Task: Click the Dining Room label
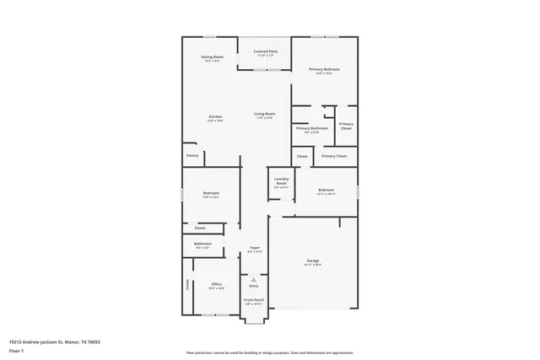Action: [x=211, y=56]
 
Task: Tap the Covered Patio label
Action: [x=255, y=51]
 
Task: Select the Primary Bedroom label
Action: [x=325, y=69]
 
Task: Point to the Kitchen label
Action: [x=215, y=116]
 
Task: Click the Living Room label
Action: [x=265, y=114]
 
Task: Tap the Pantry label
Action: [x=192, y=155]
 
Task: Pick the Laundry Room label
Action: [x=282, y=180]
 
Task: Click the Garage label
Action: [x=313, y=261]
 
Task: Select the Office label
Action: [x=216, y=284]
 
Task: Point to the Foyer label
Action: [x=254, y=248]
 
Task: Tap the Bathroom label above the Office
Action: [x=203, y=244]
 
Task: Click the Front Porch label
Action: [x=254, y=300]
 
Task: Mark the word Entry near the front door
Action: [x=253, y=286]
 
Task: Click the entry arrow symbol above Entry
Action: [x=253, y=279]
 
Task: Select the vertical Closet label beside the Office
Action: [x=187, y=285]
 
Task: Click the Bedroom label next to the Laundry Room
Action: [x=326, y=190]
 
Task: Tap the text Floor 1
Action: [x=17, y=349]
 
